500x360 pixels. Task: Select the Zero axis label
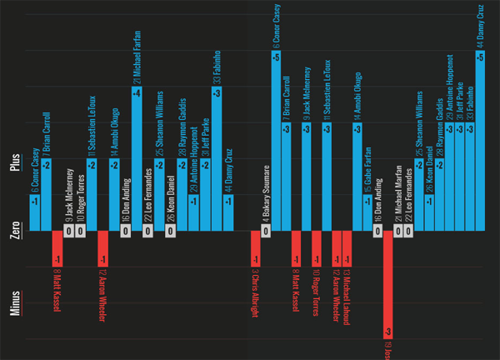click(x=15, y=232)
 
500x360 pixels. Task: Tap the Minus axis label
click(x=15, y=302)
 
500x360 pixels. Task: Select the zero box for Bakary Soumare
click(x=266, y=231)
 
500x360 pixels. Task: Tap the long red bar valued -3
click(x=388, y=283)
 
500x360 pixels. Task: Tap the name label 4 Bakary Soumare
click(x=266, y=195)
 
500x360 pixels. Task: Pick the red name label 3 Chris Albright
click(x=256, y=297)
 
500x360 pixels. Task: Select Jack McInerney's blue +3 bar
click(x=306, y=176)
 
